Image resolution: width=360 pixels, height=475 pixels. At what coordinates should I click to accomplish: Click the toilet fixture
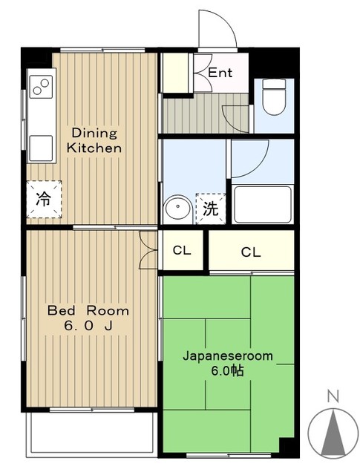coord(274,97)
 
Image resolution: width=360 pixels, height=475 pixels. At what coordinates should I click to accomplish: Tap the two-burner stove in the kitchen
coord(41,87)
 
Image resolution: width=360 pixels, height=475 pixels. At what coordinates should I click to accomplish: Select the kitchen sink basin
coord(41,148)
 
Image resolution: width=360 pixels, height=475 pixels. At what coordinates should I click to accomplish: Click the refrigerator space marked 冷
coord(45,200)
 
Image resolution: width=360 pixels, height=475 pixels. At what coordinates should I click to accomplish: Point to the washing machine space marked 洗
coord(211,209)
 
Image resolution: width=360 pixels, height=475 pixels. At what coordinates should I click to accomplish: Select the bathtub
coord(263,205)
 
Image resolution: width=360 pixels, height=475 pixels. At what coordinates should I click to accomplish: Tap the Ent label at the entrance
coord(220,73)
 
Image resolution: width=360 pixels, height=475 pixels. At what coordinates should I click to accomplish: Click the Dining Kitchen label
coord(94,140)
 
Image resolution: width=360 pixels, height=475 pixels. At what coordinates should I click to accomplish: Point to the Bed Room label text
coord(88,311)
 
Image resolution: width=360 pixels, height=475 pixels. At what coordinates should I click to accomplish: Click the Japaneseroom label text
coord(228,356)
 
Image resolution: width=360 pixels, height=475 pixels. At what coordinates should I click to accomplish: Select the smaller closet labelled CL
coord(182,250)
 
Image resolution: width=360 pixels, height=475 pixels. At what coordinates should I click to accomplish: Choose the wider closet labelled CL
coord(251,252)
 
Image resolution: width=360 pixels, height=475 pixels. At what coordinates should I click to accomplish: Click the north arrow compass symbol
coord(333,433)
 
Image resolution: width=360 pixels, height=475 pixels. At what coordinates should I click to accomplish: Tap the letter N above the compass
coord(333,396)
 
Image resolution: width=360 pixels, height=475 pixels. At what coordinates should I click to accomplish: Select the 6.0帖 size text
coord(228,371)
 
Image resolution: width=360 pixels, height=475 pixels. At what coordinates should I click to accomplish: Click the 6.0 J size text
coord(88,326)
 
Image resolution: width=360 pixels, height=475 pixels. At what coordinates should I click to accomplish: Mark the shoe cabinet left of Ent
coord(176,73)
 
